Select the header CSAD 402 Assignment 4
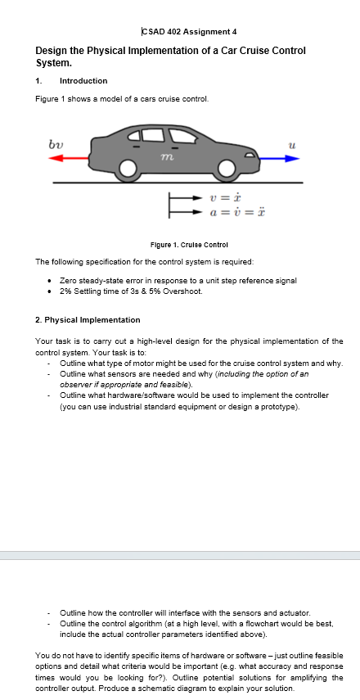[189, 32]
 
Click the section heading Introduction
[83, 81]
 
